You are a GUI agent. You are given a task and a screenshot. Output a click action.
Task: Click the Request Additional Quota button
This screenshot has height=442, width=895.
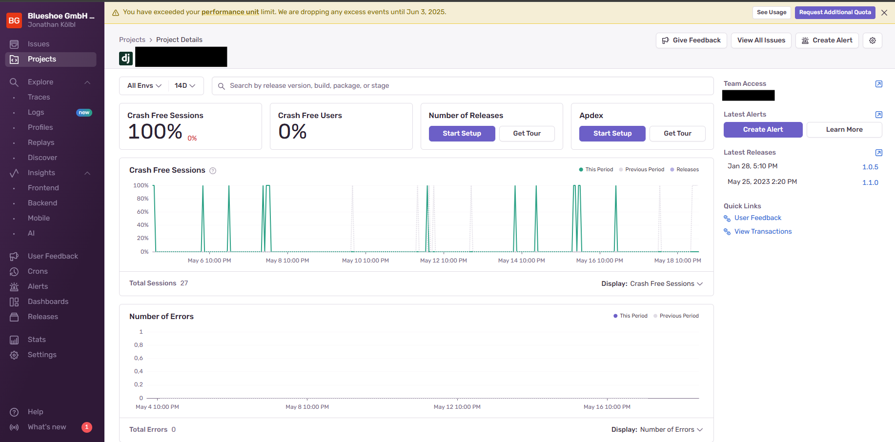[x=834, y=12]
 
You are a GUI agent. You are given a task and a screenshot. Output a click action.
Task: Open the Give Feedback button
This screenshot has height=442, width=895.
[x=691, y=40]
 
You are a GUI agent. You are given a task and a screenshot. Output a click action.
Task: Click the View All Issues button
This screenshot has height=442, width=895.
[x=761, y=40]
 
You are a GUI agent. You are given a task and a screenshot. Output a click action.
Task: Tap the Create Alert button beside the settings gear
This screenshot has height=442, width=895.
[x=827, y=40]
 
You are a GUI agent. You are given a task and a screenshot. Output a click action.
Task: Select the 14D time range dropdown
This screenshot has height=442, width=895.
[x=185, y=86]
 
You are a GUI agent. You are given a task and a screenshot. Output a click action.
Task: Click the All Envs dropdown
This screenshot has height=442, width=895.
[x=144, y=86]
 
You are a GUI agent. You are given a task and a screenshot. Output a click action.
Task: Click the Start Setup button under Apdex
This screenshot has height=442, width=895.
[x=612, y=134]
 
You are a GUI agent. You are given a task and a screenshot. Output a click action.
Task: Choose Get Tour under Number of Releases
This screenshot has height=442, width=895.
[x=527, y=134]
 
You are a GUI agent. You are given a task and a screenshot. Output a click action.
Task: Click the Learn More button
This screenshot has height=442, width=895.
[x=844, y=130]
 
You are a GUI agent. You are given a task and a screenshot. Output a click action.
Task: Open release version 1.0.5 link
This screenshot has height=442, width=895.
[x=870, y=167]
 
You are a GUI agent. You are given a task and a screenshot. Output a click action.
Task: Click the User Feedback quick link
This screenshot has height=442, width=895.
[x=757, y=218]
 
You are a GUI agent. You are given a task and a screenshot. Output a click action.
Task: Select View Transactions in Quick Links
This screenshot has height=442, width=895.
[x=763, y=232]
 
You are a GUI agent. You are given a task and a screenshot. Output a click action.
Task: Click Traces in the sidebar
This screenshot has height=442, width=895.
[x=39, y=97]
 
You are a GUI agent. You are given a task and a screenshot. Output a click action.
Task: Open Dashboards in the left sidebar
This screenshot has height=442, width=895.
[x=48, y=301]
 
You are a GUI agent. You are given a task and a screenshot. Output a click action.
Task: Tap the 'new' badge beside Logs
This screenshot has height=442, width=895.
[x=84, y=113]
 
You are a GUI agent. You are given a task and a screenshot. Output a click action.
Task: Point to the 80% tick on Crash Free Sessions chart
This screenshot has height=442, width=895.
[x=142, y=199]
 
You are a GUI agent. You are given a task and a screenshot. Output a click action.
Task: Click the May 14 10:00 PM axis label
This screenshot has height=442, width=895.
[x=521, y=261]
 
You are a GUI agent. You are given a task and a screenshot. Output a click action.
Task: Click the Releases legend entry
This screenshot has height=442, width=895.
[x=687, y=170]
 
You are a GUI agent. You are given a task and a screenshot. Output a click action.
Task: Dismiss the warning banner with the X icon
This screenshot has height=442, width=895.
[x=884, y=13]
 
